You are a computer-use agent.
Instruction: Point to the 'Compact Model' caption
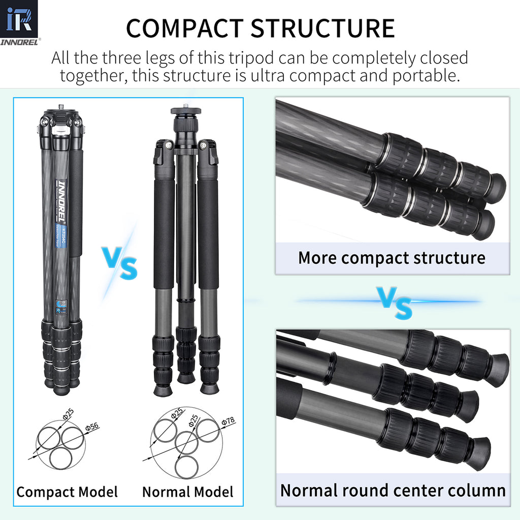point(67,492)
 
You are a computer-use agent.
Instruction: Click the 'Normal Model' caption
point(188,492)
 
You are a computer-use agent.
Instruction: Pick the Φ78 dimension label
point(228,422)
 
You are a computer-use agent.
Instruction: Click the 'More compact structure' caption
point(392,257)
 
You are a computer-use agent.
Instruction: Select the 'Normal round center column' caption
point(393,491)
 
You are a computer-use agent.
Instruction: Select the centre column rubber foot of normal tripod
point(185,378)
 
